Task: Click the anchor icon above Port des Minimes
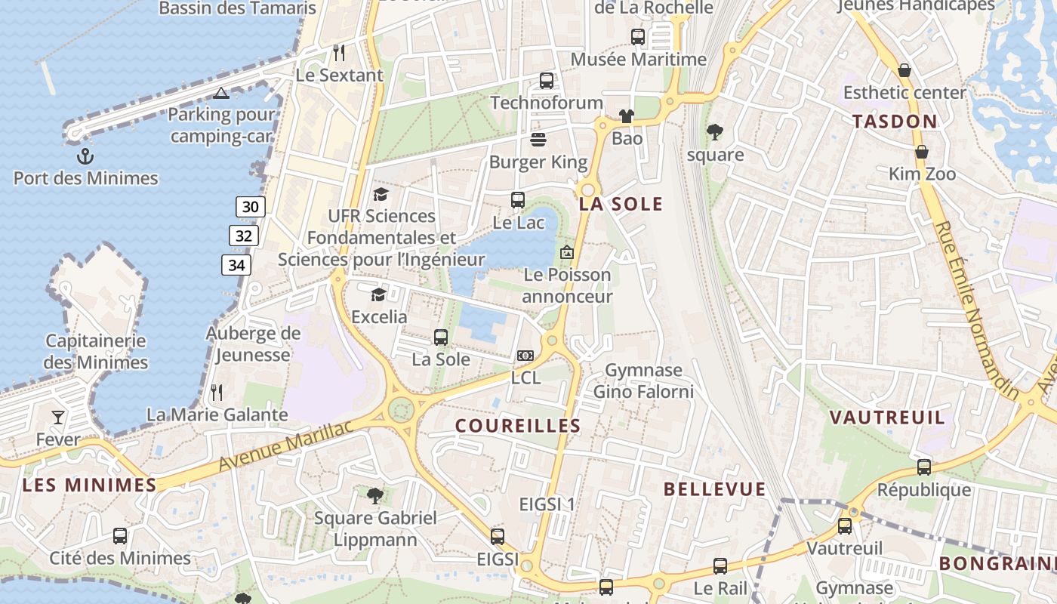pyautogui.click(x=85, y=156)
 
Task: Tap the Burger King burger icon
pyautogui.click(x=538, y=140)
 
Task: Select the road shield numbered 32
pyautogui.click(x=244, y=236)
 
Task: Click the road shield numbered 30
pyautogui.click(x=251, y=207)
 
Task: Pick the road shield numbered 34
pyautogui.click(x=236, y=265)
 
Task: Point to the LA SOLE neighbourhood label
pyautogui.click(x=621, y=204)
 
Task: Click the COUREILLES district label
pyautogui.click(x=518, y=426)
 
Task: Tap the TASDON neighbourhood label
pyautogui.click(x=895, y=121)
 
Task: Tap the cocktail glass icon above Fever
pyautogui.click(x=58, y=418)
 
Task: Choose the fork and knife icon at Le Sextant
pyautogui.click(x=339, y=53)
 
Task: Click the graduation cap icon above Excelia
pyautogui.click(x=379, y=294)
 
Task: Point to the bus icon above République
pyautogui.click(x=924, y=467)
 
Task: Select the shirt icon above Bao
pyautogui.click(x=627, y=116)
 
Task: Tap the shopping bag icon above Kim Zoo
pyautogui.click(x=922, y=152)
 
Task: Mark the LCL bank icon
pyautogui.click(x=525, y=356)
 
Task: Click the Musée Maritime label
pyautogui.click(x=639, y=59)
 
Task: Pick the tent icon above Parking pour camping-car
pyautogui.click(x=220, y=93)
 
